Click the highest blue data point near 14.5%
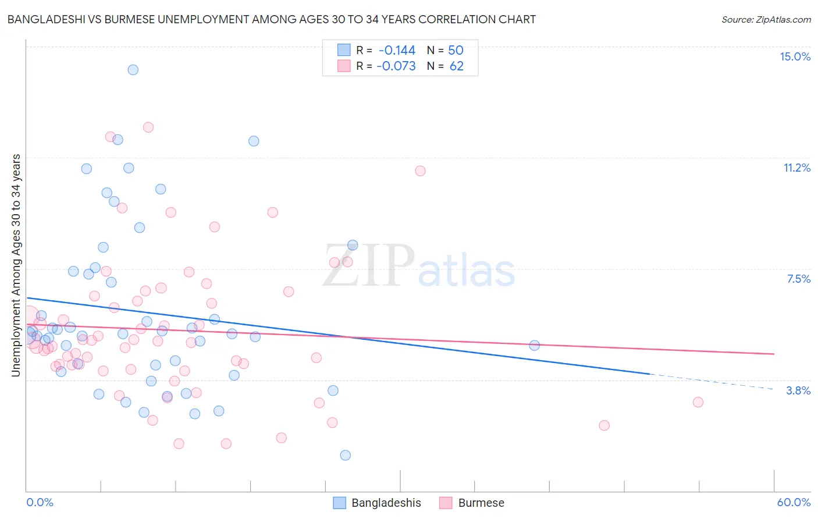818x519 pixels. (x=133, y=70)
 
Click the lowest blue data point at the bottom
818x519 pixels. (x=345, y=455)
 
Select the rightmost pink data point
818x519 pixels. (x=698, y=402)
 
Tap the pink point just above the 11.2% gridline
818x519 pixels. (x=420, y=171)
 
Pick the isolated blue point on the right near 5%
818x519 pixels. (x=534, y=346)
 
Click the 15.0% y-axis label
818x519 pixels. (x=795, y=56)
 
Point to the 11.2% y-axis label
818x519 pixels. (x=796, y=168)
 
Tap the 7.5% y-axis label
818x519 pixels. (x=798, y=279)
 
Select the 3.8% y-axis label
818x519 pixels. (x=798, y=390)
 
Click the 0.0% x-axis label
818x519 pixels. (x=40, y=502)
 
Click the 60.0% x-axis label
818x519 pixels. (x=793, y=502)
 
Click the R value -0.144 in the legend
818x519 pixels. (x=397, y=51)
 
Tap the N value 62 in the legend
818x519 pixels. (x=456, y=66)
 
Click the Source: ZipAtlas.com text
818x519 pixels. (x=766, y=19)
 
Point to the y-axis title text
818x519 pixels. (x=16, y=265)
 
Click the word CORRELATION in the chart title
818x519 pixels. (x=446, y=19)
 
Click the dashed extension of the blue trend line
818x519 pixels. (x=710, y=381)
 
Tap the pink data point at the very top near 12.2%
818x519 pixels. (x=148, y=127)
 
